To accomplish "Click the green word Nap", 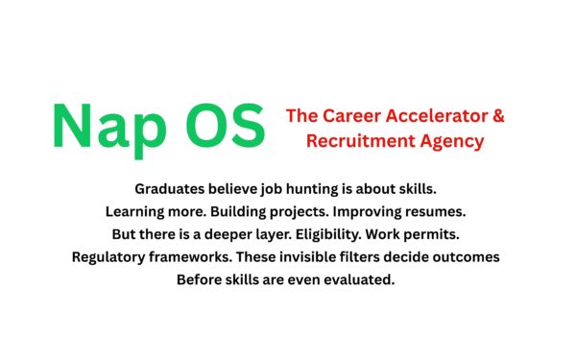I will [108, 125].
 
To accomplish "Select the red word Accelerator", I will [437, 117].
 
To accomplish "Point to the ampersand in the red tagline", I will [498, 117].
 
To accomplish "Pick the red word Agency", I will [454, 141].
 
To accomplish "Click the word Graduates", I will [171, 188].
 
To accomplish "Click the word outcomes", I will [468, 257].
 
